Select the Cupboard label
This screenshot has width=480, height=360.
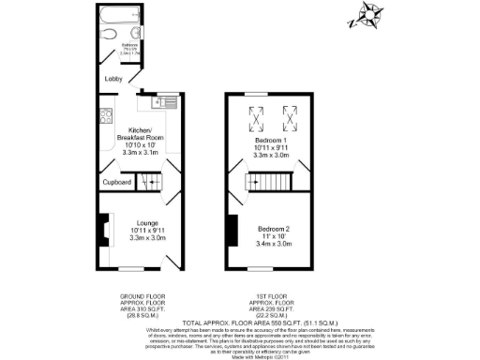tap(116, 182)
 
